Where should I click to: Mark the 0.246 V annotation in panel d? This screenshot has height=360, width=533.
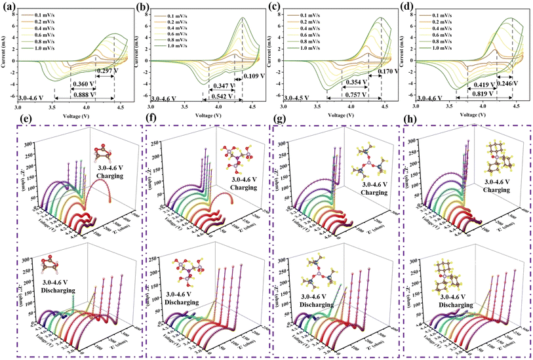pyautogui.click(x=505, y=84)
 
